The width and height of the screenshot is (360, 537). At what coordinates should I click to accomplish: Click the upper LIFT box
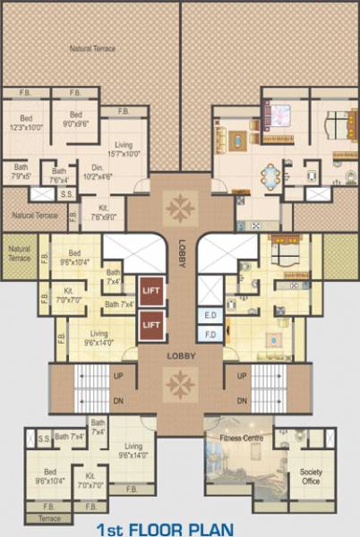[x=150, y=292]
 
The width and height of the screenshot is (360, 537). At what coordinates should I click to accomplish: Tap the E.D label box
[x=211, y=316]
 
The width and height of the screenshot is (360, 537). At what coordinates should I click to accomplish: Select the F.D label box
[x=211, y=334]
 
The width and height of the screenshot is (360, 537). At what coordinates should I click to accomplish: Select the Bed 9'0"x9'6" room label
[x=75, y=120]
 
